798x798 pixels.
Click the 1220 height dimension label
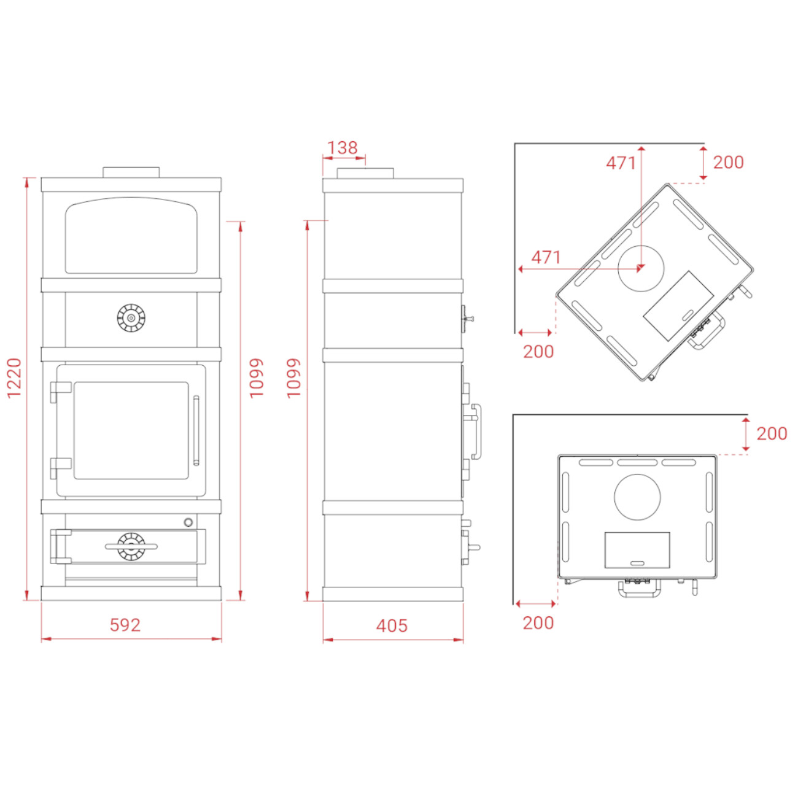15,378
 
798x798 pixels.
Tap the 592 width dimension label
125,626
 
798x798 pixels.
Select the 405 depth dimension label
392,626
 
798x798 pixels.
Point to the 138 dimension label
343,148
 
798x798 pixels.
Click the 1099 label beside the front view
257,378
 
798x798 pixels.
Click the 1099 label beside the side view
293,378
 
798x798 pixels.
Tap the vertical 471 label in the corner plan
621,163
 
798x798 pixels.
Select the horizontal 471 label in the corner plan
546,258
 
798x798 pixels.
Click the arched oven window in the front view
131,235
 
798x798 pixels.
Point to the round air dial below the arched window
131,318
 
